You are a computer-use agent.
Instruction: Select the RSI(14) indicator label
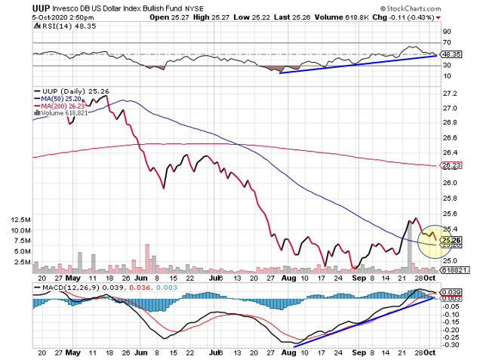pos(51,26)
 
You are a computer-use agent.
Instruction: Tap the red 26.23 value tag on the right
pos(451,166)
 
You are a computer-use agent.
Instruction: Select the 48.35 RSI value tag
pos(451,54)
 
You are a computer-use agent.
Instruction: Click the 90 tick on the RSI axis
pos(447,32)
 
